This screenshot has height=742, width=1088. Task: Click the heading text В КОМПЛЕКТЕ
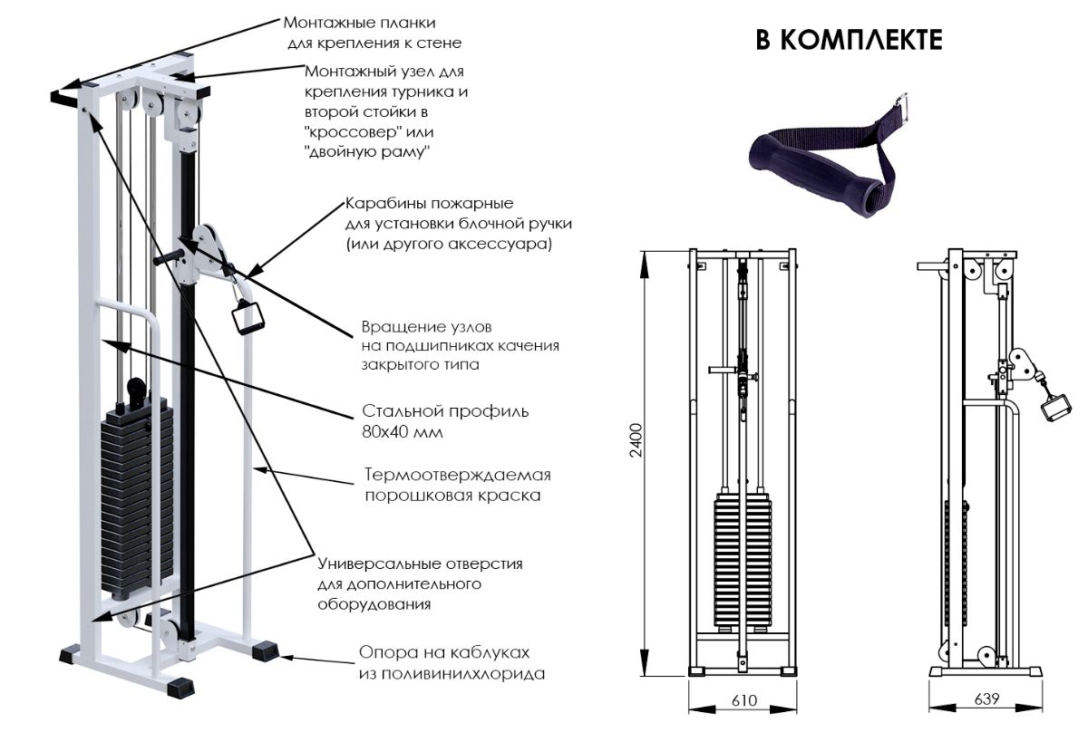[849, 40]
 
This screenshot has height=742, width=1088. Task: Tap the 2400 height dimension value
[636, 439]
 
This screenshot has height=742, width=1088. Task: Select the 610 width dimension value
[743, 700]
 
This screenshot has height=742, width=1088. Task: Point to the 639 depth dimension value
[986, 699]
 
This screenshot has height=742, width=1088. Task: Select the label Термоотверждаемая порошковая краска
[457, 485]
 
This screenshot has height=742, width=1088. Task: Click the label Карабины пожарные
[429, 203]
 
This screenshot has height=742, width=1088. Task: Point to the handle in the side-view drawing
[1054, 406]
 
